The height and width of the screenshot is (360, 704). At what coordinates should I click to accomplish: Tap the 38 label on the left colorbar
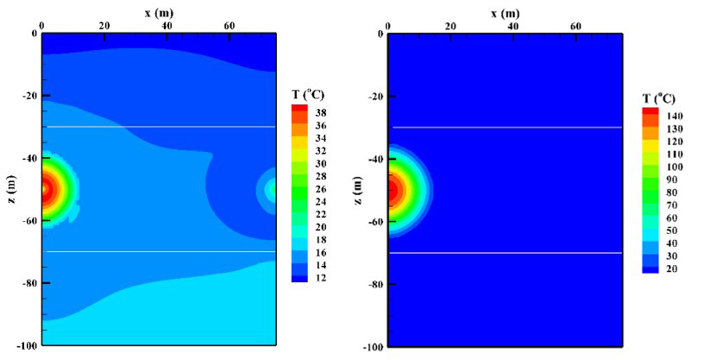click(x=320, y=113)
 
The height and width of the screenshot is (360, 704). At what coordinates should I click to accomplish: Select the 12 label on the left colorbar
click(x=320, y=278)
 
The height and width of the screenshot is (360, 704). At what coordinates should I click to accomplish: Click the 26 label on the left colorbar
click(x=320, y=189)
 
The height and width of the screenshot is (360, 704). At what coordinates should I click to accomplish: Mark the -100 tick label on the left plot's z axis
click(x=26, y=345)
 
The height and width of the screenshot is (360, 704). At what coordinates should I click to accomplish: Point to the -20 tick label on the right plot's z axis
click(x=374, y=96)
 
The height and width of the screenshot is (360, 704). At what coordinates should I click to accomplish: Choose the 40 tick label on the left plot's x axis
click(x=167, y=26)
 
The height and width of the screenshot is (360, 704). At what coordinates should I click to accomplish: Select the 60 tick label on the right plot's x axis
click(x=576, y=26)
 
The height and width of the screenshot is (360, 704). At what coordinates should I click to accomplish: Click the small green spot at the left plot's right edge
click(x=272, y=188)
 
